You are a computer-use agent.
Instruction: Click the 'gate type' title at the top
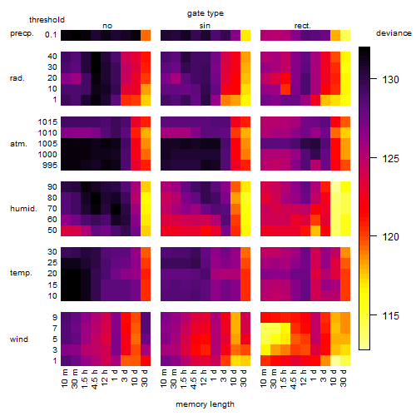(206, 13)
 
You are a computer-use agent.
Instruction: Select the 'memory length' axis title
(205, 404)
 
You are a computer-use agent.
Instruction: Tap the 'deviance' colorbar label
(394, 33)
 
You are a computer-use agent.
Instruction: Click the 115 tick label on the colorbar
(391, 315)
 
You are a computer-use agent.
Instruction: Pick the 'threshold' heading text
(47, 20)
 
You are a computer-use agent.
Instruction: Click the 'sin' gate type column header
(205, 26)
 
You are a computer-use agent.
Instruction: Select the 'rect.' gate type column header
(302, 26)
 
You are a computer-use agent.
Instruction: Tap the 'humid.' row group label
(23, 209)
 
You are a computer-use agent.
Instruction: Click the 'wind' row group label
(19, 339)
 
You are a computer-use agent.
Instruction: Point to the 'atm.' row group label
(18, 144)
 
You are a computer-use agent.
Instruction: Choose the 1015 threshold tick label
(47, 122)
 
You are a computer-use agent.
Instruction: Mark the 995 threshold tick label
(50, 166)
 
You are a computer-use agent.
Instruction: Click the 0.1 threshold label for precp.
(51, 35)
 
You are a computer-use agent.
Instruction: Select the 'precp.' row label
(22, 33)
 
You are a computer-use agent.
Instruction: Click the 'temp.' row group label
(21, 273)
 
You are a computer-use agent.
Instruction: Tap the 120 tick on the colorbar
(374, 236)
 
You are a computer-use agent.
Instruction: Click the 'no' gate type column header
(107, 26)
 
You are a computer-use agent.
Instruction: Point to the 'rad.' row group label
(17, 78)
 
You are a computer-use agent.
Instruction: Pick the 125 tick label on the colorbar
(391, 159)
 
